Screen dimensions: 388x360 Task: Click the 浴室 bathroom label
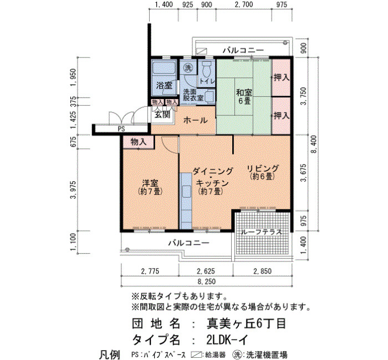164,85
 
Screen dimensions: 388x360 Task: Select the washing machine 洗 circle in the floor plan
188,68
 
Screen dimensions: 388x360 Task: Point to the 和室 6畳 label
244,97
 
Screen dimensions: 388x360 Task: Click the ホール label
196,120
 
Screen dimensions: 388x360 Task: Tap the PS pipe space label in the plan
121,129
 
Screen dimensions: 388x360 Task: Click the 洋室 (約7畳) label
150,187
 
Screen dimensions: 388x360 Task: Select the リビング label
263,168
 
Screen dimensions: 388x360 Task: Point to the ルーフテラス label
262,232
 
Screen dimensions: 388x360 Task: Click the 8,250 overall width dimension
206,281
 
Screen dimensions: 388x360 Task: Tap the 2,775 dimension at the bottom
150,271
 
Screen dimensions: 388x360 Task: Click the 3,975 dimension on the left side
74,189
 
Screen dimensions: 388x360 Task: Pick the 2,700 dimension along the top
244,4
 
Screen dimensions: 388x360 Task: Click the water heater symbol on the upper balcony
201,51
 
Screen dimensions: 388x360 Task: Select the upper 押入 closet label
282,78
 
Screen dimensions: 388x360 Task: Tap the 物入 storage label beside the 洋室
139,142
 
